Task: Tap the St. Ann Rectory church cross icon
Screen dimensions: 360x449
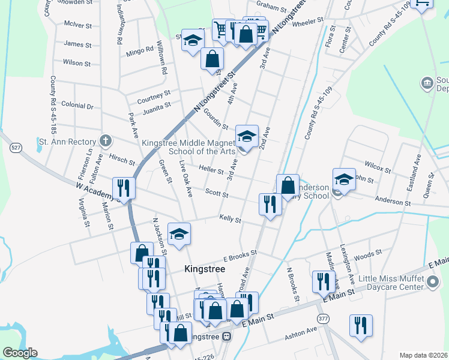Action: pyautogui.click(x=106, y=142)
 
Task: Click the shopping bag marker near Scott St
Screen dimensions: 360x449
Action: pyautogui.click(x=288, y=185)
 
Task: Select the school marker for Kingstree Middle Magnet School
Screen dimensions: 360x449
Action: pyautogui.click(x=247, y=136)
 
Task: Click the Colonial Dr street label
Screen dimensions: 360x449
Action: pyautogui.click(x=77, y=106)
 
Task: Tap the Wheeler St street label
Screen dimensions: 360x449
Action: pyautogui.click(x=307, y=20)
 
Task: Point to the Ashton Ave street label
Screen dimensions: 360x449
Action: pyautogui.click(x=301, y=331)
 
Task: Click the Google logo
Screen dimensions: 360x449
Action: pyautogui.click(x=19, y=353)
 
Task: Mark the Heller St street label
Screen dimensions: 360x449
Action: pyautogui.click(x=211, y=171)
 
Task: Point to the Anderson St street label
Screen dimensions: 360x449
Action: pyautogui.click(x=393, y=202)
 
